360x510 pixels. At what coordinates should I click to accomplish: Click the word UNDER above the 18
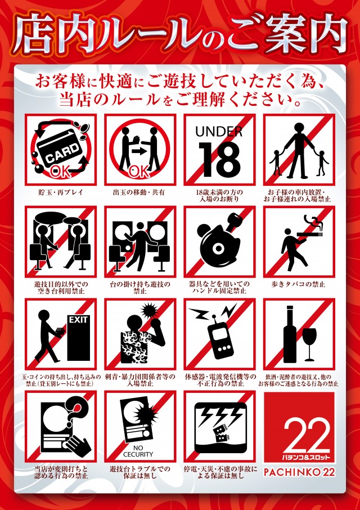click(x=219, y=132)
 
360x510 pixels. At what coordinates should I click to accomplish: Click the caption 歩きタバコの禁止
click(x=299, y=284)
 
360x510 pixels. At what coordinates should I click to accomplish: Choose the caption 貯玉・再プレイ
click(x=61, y=193)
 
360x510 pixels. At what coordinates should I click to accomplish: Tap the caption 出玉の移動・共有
click(x=140, y=193)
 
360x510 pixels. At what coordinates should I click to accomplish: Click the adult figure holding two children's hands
click(x=299, y=149)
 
